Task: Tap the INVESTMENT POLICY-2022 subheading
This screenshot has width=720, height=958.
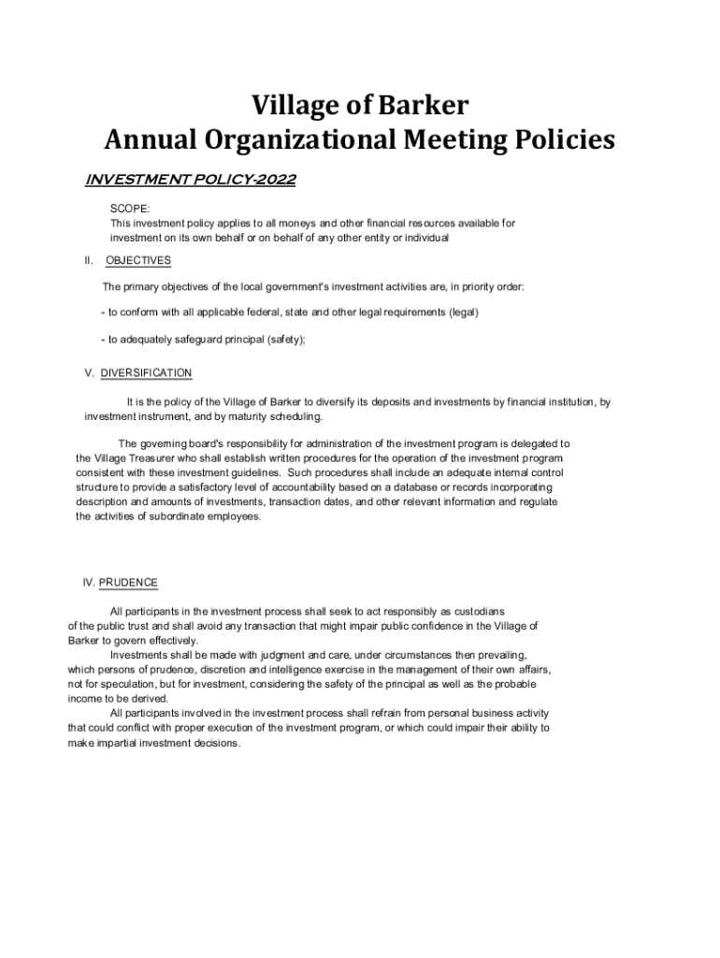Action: coord(191,180)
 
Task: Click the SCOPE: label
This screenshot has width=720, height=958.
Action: coord(130,210)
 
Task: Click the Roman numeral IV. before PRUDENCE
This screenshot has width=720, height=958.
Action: coord(89,583)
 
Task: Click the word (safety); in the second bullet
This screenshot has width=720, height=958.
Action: coord(286,341)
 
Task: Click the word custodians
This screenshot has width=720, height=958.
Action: coord(477,611)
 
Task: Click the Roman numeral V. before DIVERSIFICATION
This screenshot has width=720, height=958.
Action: coord(90,373)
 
